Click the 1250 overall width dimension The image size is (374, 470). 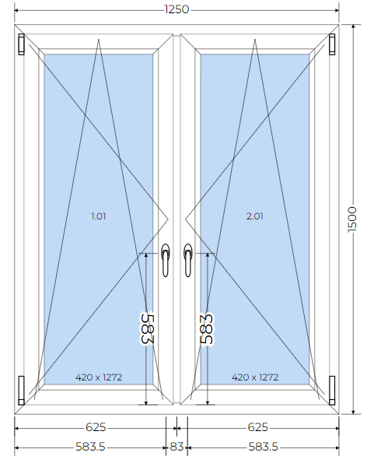177,9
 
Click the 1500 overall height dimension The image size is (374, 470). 353,219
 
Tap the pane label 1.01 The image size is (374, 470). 99,216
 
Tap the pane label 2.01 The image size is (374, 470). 255,216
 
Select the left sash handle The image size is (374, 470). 166,260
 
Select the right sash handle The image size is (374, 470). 187,260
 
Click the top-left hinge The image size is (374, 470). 21,44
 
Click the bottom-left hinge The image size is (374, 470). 21,391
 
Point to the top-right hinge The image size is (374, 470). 332,44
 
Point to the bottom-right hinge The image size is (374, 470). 332,391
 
